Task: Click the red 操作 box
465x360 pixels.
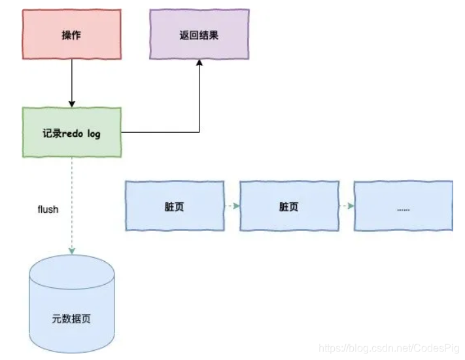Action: pos(72,35)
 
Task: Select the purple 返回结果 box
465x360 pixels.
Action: pos(199,35)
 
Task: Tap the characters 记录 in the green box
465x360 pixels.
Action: pos(52,133)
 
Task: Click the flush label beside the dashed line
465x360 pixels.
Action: pos(48,209)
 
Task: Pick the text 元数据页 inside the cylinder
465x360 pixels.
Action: pos(71,320)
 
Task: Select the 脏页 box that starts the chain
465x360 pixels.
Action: pos(174,206)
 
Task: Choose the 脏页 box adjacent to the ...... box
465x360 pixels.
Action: pos(288,206)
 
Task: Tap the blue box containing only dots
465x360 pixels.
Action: pos(403,206)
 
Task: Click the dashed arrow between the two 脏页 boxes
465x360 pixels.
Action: pos(231,206)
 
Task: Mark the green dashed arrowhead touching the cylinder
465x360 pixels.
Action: pos(72,251)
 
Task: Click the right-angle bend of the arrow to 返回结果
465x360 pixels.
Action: pos(199,133)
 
